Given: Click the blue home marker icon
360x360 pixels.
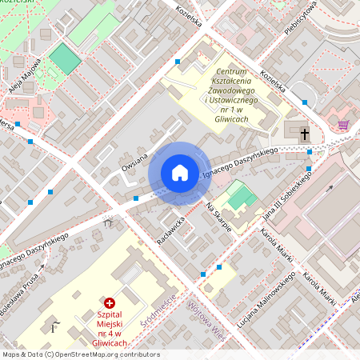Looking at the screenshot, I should pos(180,173).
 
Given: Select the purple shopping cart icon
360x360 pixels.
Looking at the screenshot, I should pos(343,125).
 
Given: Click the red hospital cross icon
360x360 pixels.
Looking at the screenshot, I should pos(110,303).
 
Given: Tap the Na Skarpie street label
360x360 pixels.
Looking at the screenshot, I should pos(218,217).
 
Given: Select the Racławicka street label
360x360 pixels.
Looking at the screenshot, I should pos(172,229).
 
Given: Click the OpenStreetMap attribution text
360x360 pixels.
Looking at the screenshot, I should pos(81,354).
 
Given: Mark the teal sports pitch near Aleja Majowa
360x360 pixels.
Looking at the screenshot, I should pos(65,58).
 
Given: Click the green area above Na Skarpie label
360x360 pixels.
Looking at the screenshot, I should pos(240,194).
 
